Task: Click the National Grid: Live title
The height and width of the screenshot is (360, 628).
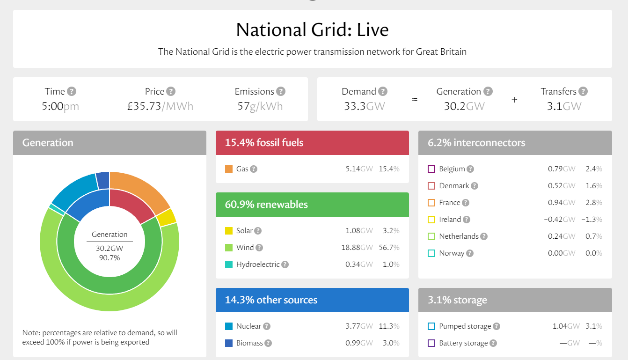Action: [312, 30]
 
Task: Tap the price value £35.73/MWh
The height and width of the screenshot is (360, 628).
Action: [160, 106]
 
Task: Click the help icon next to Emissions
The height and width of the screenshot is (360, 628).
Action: [281, 91]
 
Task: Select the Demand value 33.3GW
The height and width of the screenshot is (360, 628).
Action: [364, 106]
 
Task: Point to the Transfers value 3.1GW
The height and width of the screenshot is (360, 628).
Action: [564, 106]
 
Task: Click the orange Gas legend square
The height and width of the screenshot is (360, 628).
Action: [229, 169]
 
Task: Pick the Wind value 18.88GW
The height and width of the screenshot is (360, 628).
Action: [357, 248]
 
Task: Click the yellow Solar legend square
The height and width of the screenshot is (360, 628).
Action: [229, 231]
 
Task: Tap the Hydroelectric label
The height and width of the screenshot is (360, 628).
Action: [258, 264]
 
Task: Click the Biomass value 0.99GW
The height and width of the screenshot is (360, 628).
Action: [359, 343]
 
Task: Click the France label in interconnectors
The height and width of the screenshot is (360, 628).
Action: [449, 203]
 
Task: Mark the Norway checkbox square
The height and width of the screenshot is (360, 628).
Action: [431, 253]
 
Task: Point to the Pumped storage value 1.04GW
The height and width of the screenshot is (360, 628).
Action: [566, 326]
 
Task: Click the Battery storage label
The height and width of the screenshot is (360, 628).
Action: [463, 343]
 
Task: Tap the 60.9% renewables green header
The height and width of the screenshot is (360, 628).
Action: [312, 205]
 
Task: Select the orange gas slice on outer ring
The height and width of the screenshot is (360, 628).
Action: [140, 190]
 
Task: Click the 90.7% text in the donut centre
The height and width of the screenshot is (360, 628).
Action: [110, 257]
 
